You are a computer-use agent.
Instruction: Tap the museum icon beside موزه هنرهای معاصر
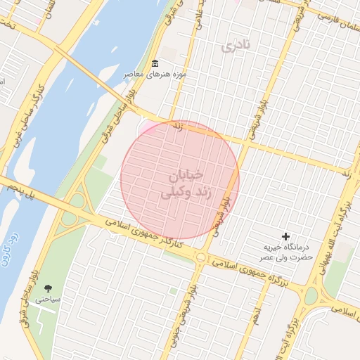coord(155,64)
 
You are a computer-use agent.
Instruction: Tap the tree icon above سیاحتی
coord(48,288)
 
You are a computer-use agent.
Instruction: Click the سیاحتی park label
coord(48,299)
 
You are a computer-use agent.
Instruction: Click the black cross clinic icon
coord(285,236)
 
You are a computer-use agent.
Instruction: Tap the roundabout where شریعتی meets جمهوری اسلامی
coord(201,258)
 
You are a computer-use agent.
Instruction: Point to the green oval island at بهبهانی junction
coord(311,295)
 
